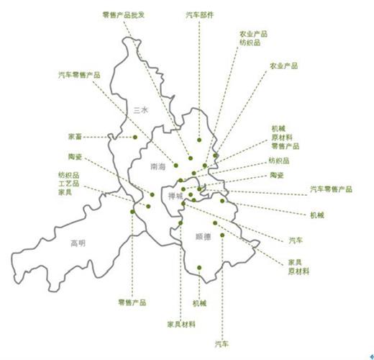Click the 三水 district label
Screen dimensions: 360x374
141,109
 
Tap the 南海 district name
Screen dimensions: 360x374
158,166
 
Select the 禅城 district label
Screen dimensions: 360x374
175,195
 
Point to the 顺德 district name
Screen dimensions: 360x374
204,235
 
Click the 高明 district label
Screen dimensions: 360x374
78,243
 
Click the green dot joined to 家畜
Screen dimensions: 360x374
134,136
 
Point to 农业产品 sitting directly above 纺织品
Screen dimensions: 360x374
254,33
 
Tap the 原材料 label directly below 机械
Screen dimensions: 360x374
282,137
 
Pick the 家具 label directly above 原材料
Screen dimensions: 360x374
294,261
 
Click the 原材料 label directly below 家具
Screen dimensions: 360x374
298,271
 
